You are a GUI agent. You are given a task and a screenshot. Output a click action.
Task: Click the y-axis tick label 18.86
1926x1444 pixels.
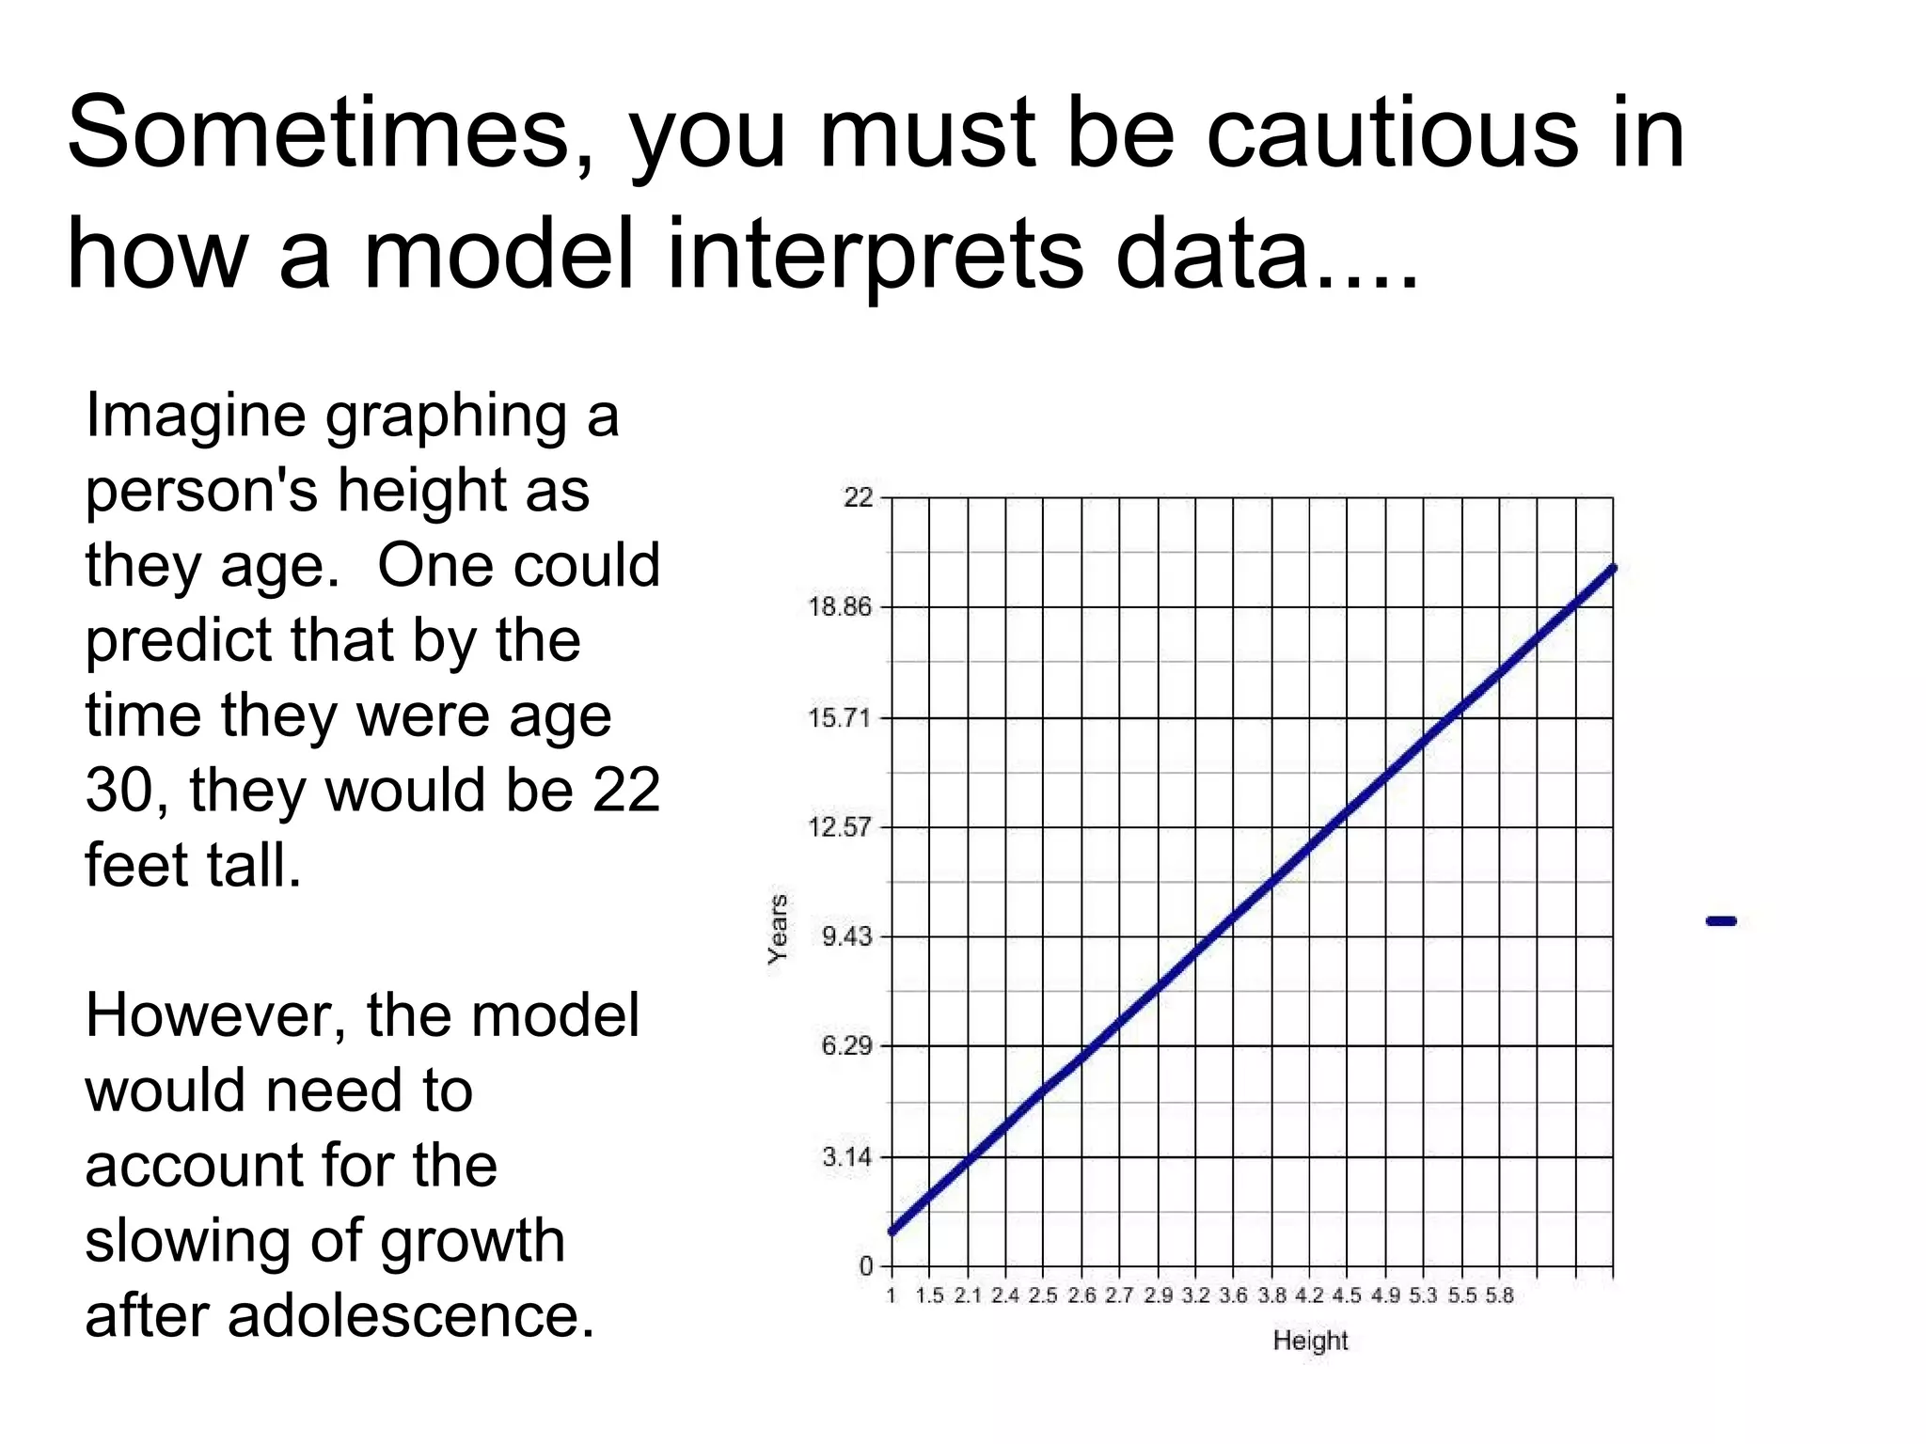pyautogui.click(x=840, y=607)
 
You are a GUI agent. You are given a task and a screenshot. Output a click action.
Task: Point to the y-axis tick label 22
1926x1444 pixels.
pyautogui.click(x=858, y=497)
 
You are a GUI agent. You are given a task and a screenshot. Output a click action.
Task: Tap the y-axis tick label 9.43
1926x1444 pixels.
pyautogui.click(x=846, y=936)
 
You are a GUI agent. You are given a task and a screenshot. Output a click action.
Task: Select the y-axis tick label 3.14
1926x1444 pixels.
pyautogui.click(x=846, y=1156)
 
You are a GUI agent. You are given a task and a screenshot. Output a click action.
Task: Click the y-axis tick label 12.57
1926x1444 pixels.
pyautogui.click(x=840, y=827)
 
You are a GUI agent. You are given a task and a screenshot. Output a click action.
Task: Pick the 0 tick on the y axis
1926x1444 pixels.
pyautogui.click(x=866, y=1266)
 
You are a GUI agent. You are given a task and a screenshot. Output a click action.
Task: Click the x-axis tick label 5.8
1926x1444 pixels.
pyautogui.click(x=1499, y=1295)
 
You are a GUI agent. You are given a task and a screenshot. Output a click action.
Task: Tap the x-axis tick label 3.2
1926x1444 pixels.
pyautogui.click(x=1195, y=1295)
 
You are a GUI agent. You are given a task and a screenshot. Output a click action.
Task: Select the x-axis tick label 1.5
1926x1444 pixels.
pyautogui.click(x=929, y=1295)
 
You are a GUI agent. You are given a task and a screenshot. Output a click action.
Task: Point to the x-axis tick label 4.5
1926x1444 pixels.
pyautogui.click(x=1347, y=1295)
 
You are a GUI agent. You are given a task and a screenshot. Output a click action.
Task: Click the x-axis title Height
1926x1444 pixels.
pyautogui.click(x=1310, y=1341)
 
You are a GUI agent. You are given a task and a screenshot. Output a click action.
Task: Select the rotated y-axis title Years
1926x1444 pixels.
pyautogui.click(x=778, y=929)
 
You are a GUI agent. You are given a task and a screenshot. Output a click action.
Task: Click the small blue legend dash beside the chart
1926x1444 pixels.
pyautogui.click(x=1721, y=921)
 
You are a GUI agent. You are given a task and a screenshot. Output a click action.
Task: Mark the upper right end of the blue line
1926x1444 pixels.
pyautogui.click(x=1613, y=569)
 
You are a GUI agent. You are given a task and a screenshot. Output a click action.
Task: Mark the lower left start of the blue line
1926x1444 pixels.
pyautogui.click(x=892, y=1231)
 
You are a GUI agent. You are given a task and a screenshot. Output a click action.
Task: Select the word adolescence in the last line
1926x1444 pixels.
pyautogui.click(x=411, y=1315)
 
